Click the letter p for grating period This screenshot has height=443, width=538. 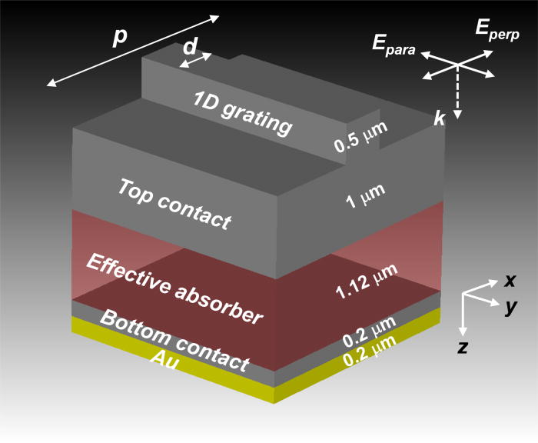(x=119, y=38)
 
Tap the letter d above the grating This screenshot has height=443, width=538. (x=189, y=47)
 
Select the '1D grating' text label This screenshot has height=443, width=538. (x=242, y=113)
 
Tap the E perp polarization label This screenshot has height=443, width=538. (x=496, y=31)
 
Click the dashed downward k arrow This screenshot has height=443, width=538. (x=457, y=92)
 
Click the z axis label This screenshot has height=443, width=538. (x=462, y=347)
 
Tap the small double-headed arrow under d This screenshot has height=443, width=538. (x=196, y=61)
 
